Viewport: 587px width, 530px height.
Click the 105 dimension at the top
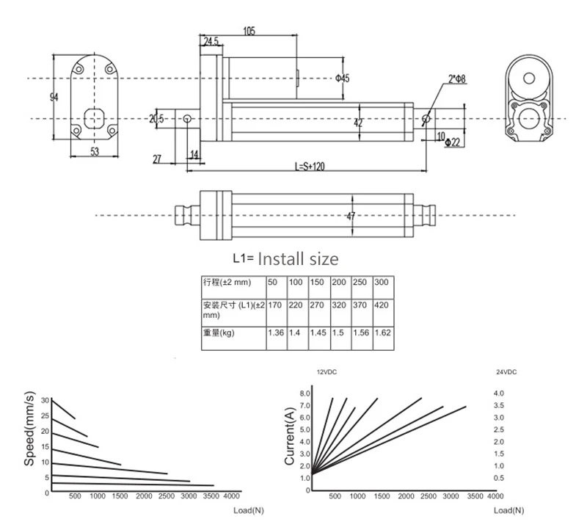click(249, 31)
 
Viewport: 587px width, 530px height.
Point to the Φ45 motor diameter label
click(342, 78)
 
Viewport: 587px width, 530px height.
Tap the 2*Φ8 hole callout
click(456, 79)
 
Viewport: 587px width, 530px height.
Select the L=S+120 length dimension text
click(310, 166)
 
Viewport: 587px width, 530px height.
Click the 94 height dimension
click(54, 97)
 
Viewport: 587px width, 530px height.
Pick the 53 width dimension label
click(95, 151)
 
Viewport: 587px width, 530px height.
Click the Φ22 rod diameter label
click(453, 142)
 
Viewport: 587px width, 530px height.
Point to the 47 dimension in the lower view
click(351, 216)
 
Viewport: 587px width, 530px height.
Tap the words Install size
click(298, 259)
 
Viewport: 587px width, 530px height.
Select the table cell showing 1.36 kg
click(276, 333)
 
